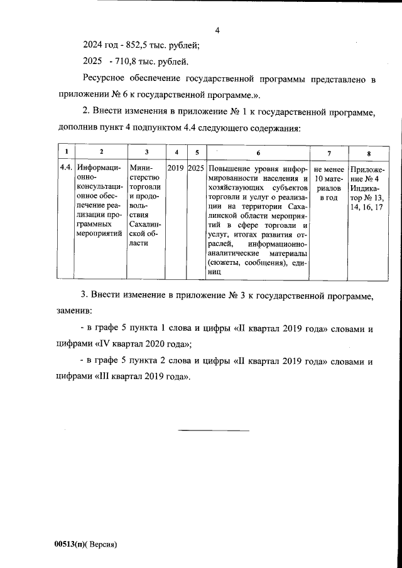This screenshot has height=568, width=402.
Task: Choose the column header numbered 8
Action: [368, 153]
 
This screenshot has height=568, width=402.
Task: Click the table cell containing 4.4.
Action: [65, 169]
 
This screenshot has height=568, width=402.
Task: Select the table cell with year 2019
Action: [175, 169]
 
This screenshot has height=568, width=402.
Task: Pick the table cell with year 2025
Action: [195, 169]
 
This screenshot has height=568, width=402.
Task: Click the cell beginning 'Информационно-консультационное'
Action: [99, 201]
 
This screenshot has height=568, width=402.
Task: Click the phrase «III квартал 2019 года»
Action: [146, 377]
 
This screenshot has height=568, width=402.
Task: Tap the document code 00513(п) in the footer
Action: [71, 544]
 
